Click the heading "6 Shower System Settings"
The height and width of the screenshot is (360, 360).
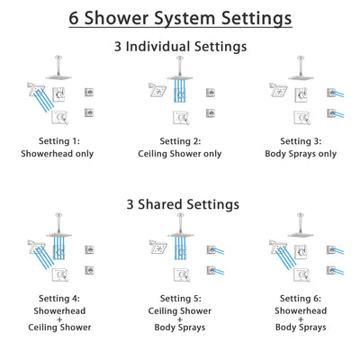[180, 18]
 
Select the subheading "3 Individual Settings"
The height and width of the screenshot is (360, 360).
[180, 46]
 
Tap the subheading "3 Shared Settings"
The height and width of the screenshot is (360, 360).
[180, 204]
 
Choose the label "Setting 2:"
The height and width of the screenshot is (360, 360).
[179, 140]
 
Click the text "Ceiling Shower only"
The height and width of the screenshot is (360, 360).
[179, 153]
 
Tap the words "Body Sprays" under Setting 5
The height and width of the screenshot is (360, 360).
[179, 328]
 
